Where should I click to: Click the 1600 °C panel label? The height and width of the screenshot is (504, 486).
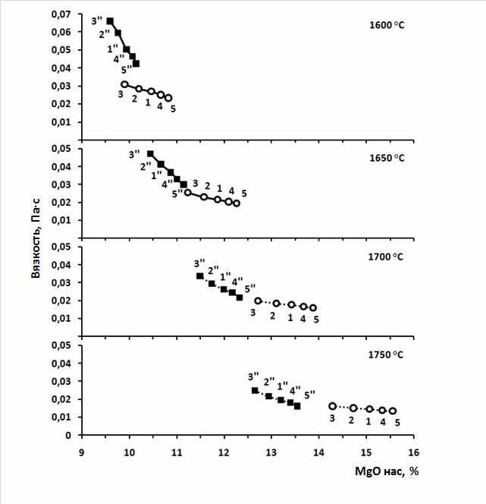click(x=387, y=25)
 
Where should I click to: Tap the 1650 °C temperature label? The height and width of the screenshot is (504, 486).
click(x=387, y=158)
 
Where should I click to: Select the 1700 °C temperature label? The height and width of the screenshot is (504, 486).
click(x=385, y=257)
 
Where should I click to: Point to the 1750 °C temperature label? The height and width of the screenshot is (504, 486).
click(x=385, y=355)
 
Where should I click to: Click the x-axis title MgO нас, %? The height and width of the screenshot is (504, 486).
click(x=387, y=471)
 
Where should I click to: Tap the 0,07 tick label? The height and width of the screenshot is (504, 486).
click(x=61, y=14)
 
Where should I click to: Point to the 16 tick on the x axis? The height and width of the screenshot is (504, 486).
click(x=413, y=452)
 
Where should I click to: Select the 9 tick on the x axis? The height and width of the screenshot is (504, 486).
click(x=82, y=452)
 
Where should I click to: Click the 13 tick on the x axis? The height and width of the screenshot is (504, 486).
click(x=271, y=452)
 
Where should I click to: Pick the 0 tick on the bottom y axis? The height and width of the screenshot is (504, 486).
click(x=68, y=435)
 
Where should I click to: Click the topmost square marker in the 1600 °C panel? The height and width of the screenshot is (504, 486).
click(x=110, y=21)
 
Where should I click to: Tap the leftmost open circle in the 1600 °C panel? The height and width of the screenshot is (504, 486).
click(x=124, y=84)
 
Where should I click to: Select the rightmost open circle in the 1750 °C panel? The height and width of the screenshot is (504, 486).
click(x=392, y=411)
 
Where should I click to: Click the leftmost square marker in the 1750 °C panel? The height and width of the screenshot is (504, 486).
click(x=255, y=391)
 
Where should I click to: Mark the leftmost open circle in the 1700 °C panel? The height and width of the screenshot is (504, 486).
click(x=258, y=301)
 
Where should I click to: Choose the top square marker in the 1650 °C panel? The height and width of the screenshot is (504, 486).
click(x=150, y=154)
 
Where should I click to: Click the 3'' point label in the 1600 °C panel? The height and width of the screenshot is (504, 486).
click(x=96, y=21)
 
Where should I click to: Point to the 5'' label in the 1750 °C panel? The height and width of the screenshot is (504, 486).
click(x=309, y=395)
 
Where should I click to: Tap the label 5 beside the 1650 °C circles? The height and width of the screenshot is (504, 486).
click(x=244, y=194)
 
